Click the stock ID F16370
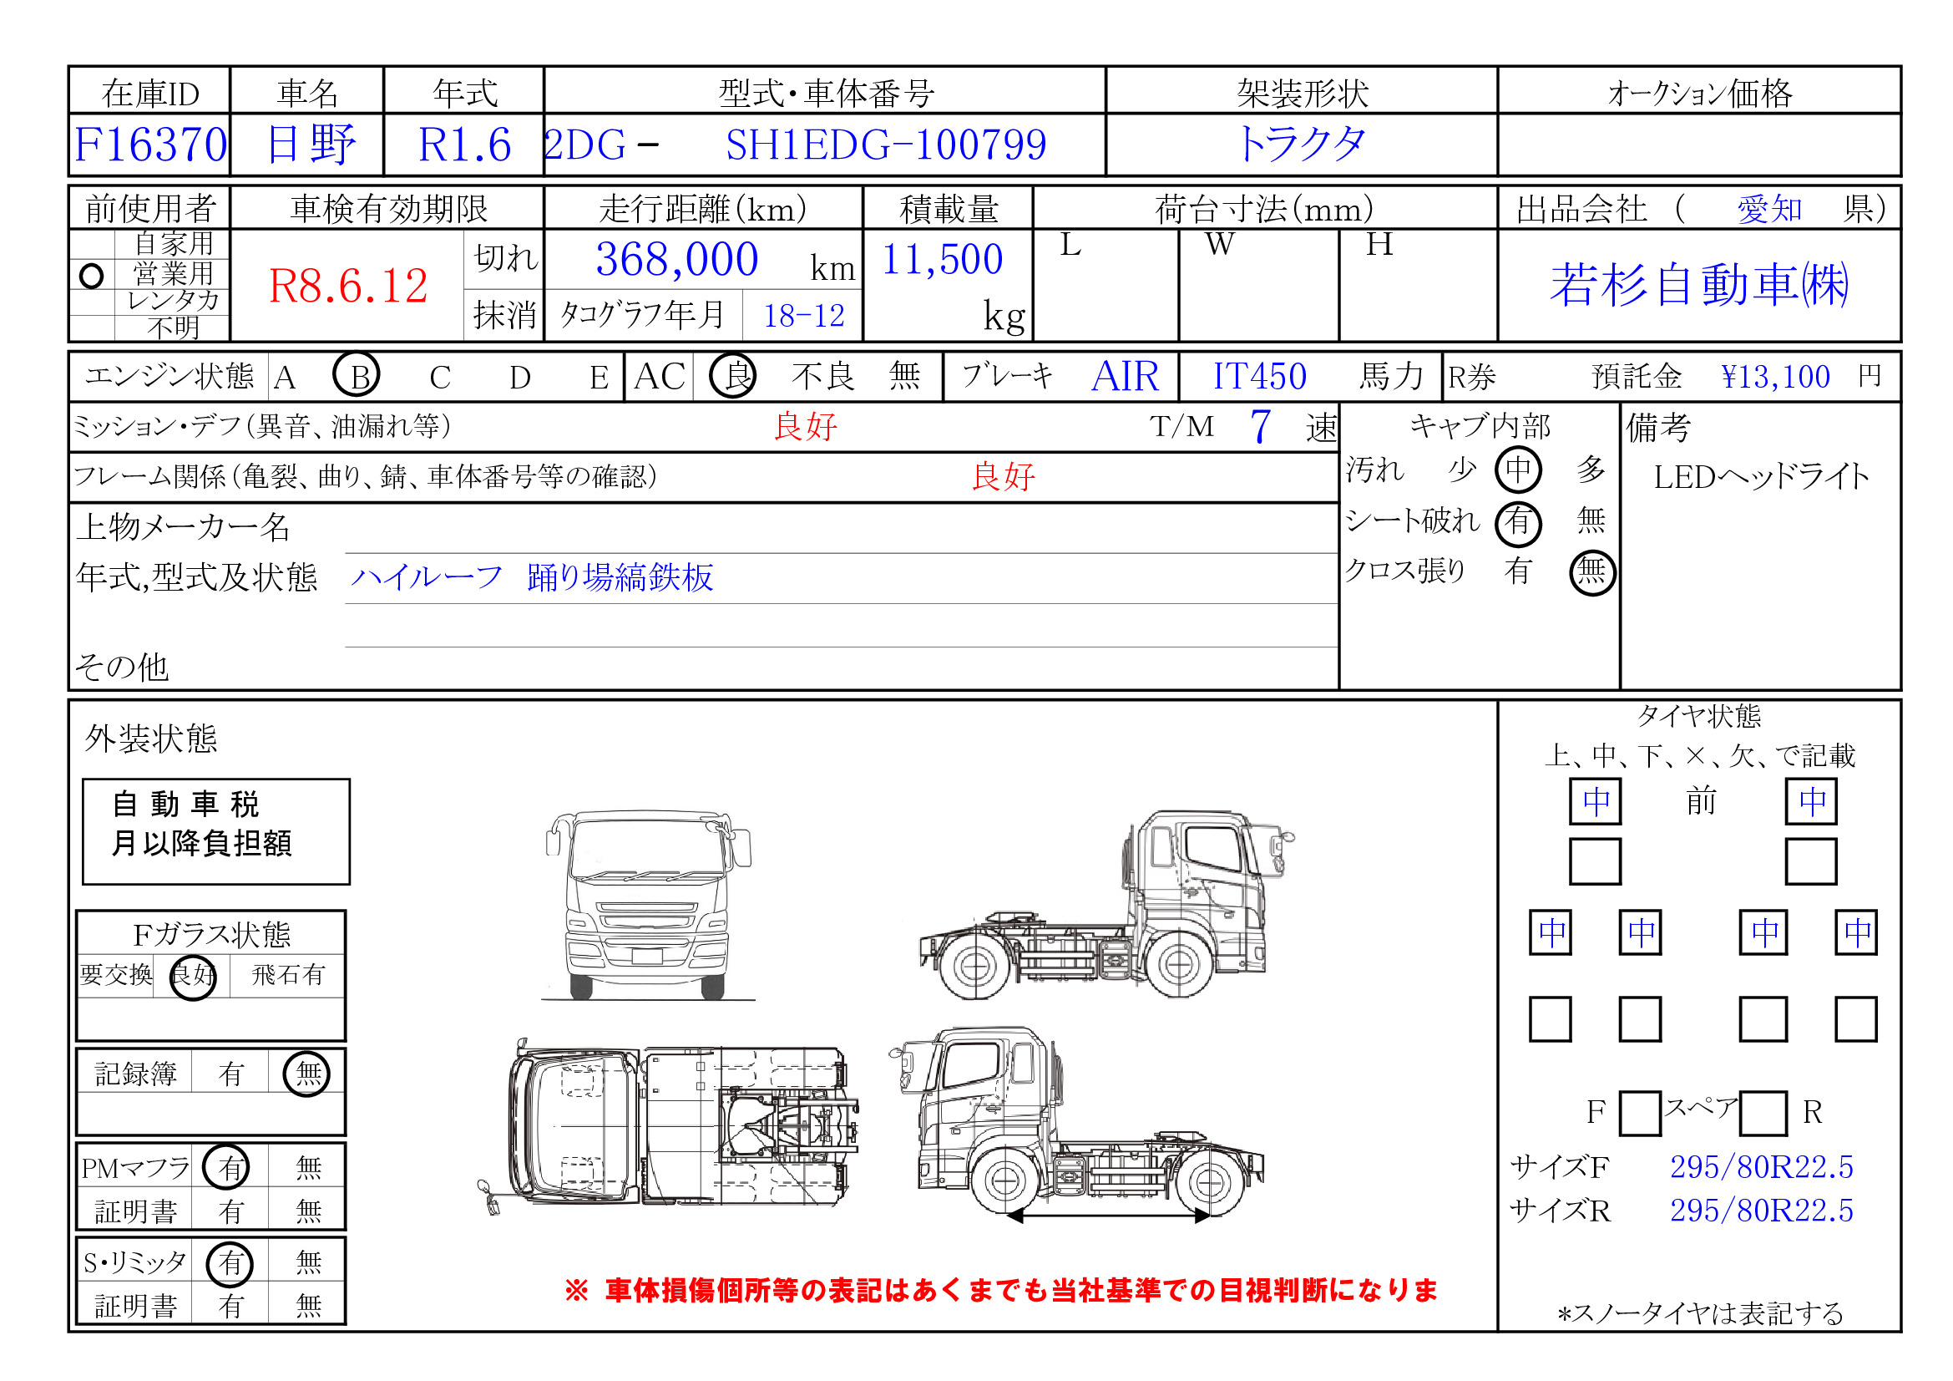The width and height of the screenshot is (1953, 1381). coord(150,145)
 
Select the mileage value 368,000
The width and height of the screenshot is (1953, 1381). coord(676,260)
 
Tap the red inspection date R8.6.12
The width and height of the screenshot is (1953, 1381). coord(348,286)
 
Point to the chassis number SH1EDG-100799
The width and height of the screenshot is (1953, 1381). coord(885,145)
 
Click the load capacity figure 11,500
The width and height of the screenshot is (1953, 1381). coord(942,260)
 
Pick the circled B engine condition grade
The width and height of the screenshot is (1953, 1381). coord(356,375)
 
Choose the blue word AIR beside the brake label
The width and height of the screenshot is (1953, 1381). coord(1125,376)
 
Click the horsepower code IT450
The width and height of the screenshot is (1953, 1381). coord(1259,376)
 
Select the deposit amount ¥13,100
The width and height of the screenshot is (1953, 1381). coord(1774,376)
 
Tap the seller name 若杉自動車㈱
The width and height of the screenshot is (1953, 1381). coord(1698,284)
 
